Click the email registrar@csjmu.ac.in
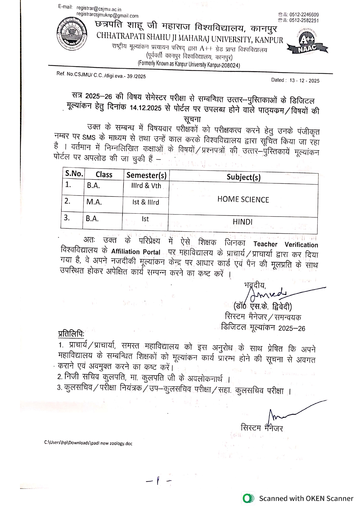click(99, 9)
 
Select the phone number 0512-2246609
click(304, 15)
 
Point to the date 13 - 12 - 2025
click(304, 80)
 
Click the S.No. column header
click(74, 174)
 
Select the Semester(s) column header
click(146, 175)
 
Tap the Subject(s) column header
click(244, 177)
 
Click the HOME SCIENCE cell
click(243, 200)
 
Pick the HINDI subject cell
click(242, 222)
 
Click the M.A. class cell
click(94, 202)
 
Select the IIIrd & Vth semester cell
click(146, 186)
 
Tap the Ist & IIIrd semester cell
click(145, 202)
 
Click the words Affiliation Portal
click(136, 252)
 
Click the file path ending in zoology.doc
click(88, 443)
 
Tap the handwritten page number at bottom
click(158, 481)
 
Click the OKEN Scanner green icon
click(248, 498)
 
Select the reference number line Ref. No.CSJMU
click(101, 75)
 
